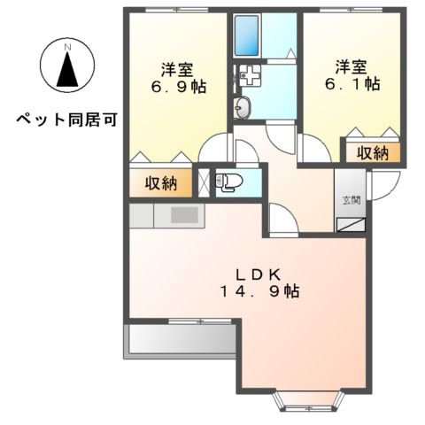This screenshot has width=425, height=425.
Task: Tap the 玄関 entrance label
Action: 351,200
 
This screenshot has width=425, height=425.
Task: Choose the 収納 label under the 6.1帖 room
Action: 372,152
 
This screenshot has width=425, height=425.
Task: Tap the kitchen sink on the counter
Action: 185,214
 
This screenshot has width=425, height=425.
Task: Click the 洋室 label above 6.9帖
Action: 177,67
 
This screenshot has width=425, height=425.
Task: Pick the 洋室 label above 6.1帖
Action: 352,66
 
